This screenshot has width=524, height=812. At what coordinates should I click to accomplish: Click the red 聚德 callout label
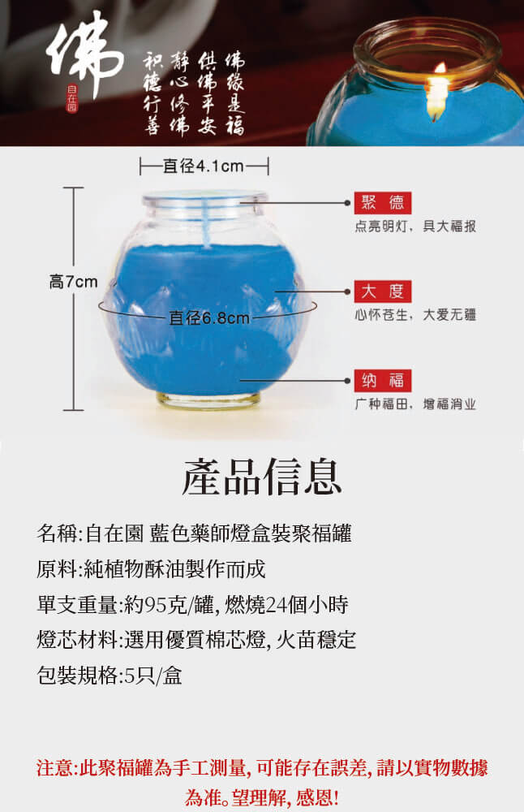click(x=383, y=202)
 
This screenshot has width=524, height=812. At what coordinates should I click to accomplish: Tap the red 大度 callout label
click(x=383, y=291)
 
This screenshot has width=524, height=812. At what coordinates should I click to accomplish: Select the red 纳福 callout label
click(x=383, y=381)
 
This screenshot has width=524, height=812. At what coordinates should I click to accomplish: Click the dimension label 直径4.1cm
click(x=204, y=166)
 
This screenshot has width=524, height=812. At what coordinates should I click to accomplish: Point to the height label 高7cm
click(x=74, y=282)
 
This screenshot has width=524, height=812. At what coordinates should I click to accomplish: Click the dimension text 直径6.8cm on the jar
click(x=209, y=317)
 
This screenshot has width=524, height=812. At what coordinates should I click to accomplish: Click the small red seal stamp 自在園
click(x=72, y=98)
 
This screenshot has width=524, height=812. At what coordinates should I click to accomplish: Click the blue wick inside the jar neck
click(x=208, y=223)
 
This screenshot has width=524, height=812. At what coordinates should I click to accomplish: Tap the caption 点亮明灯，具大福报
click(x=415, y=227)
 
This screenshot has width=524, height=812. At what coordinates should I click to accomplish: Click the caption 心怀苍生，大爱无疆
click(x=415, y=315)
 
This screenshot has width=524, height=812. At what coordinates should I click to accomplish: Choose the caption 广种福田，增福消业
click(x=415, y=404)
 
